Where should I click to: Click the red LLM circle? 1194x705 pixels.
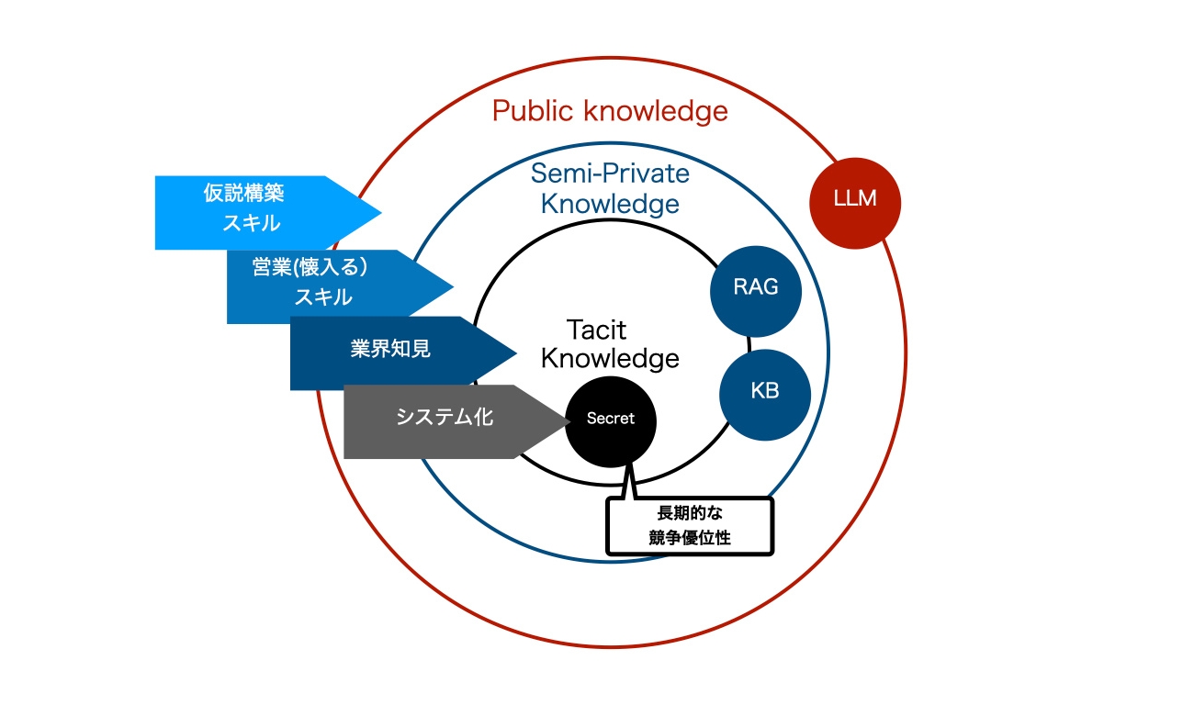pyautogui.click(x=855, y=202)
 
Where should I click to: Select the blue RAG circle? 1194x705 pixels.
pyautogui.click(x=756, y=287)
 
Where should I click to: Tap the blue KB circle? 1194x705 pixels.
pyautogui.click(x=764, y=391)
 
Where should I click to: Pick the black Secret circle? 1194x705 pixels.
pyautogui.click(x=611, y=419)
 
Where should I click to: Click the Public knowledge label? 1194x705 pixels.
pyautogui.click(x=610, y=112)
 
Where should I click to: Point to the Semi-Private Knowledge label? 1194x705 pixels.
pyautogui.click(x=611, y=187)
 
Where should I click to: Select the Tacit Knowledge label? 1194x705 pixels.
pyautogui.click(x=610, y=343)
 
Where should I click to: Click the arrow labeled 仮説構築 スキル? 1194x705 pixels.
pyautogui.click(x=257, y=212)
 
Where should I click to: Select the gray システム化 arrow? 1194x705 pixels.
pyautogui.click(x=445, y=420)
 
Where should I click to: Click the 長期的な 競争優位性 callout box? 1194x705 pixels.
pyautogui.click(x=690, y=526)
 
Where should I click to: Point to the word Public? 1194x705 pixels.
pyautogui.click(x=535, y=112)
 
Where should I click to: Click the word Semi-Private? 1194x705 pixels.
pyautogui.click(x=611, y=173)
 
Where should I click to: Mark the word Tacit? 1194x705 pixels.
pyautogui.click(x=597, y=329)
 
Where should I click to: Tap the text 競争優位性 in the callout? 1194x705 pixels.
pyautogui.click(x=690, y=539)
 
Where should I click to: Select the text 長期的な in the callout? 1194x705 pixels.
pyautogui.click(x=690, y=514)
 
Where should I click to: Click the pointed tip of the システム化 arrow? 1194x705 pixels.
pyautogui.click(x=568, y=421)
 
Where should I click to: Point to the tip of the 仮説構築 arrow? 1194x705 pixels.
pyautogui.click(x=379, y=212)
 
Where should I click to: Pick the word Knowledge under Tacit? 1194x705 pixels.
pyautogui.click(x=610, y=358)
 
